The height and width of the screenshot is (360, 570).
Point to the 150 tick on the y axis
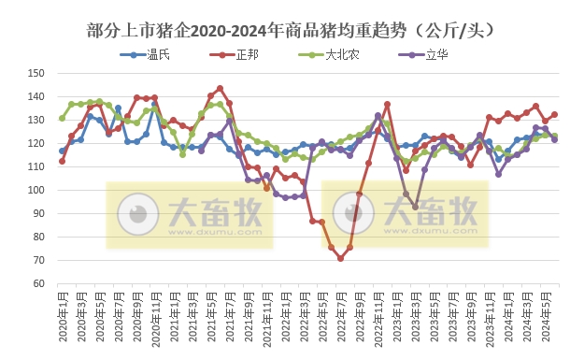[37, 73]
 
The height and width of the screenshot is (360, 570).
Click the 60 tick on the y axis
[39, 283]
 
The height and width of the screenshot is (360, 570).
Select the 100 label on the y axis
[37, 190]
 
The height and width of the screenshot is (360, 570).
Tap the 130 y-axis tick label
[37, 120]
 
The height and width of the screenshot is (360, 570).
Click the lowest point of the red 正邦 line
[341, 258]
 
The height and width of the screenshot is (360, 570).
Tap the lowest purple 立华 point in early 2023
[415, 207]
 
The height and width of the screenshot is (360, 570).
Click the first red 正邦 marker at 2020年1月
[62, 161]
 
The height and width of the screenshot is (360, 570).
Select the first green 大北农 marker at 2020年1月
[62, 118]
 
